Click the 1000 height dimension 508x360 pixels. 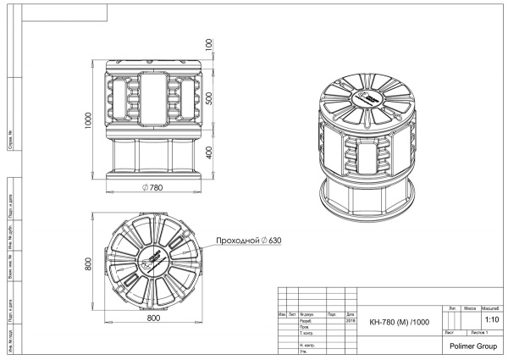(x=88, y=119)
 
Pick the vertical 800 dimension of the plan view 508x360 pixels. (x=88, y=266)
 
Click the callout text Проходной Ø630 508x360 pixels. (x=248, y=241)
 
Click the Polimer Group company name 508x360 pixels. (x=472, y=346)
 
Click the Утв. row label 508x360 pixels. (x=304, y=352)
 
